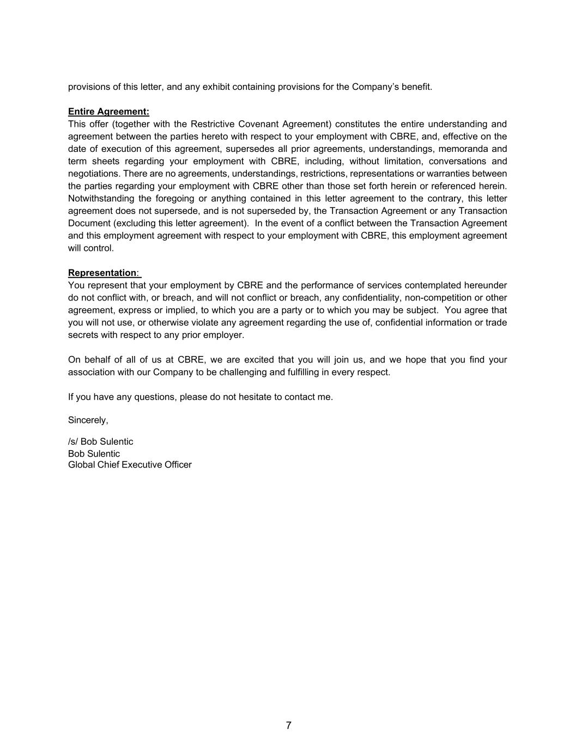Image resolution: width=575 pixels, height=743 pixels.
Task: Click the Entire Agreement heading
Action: tap(108, 112)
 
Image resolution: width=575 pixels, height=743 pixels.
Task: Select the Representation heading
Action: tap(102, 273)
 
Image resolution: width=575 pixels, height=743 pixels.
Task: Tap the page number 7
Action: tap(288, 726)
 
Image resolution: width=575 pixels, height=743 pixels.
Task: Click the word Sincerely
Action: tap(88, 420)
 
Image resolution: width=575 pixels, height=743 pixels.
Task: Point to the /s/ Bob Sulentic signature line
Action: tap(100, 441)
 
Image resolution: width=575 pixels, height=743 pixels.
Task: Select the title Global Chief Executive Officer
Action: tap(130, 465)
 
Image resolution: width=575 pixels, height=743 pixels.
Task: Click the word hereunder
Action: tap(485, 285)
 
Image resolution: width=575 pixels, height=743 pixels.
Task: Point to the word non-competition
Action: tap(435, 298)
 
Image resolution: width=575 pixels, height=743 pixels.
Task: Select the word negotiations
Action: tap(93, 174)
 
